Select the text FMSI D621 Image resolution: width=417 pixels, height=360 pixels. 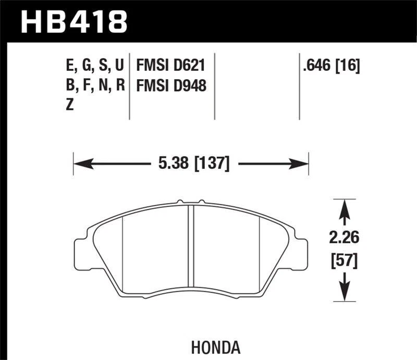click(170, 66)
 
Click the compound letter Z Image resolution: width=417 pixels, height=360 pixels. click(70, 104)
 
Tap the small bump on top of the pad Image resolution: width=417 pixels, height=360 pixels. click(179, 201)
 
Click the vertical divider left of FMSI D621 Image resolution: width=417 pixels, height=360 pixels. click(129, 86)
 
